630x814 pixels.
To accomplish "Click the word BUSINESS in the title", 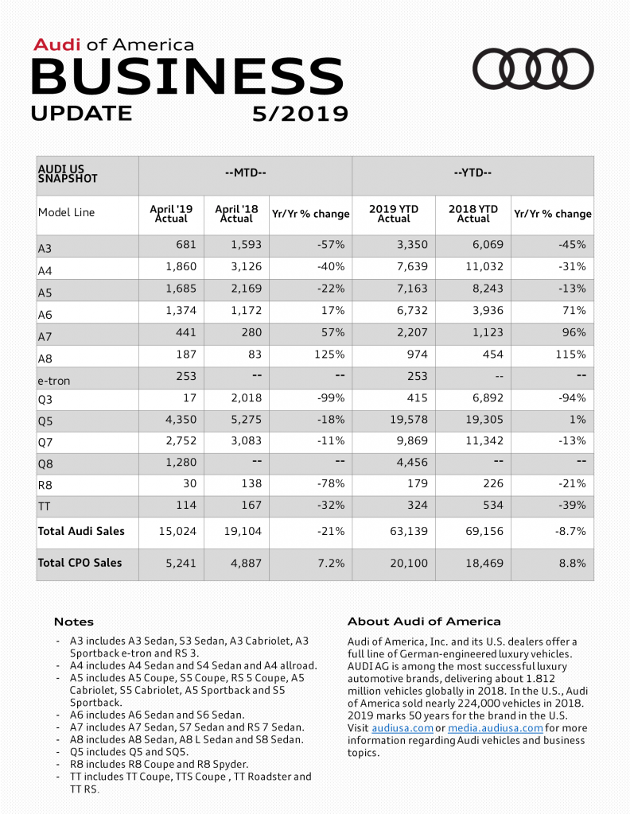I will tap(188, 76).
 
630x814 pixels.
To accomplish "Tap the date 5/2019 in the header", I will tap(300, 114).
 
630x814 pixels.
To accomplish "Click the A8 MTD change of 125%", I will tap(332, 354).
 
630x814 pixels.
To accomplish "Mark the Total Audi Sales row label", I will tap(81, 530).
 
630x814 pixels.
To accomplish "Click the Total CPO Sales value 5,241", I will tap(181, 563).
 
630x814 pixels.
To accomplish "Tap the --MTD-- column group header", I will tap(245, 172).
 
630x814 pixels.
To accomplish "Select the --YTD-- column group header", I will tap(472, 172).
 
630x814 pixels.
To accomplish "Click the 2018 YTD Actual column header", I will tap(473, 213).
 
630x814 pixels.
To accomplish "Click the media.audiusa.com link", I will tap(496, 728).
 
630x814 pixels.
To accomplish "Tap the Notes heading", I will tap(74, 622).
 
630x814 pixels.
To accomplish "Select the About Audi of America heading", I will tap(424, 622).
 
